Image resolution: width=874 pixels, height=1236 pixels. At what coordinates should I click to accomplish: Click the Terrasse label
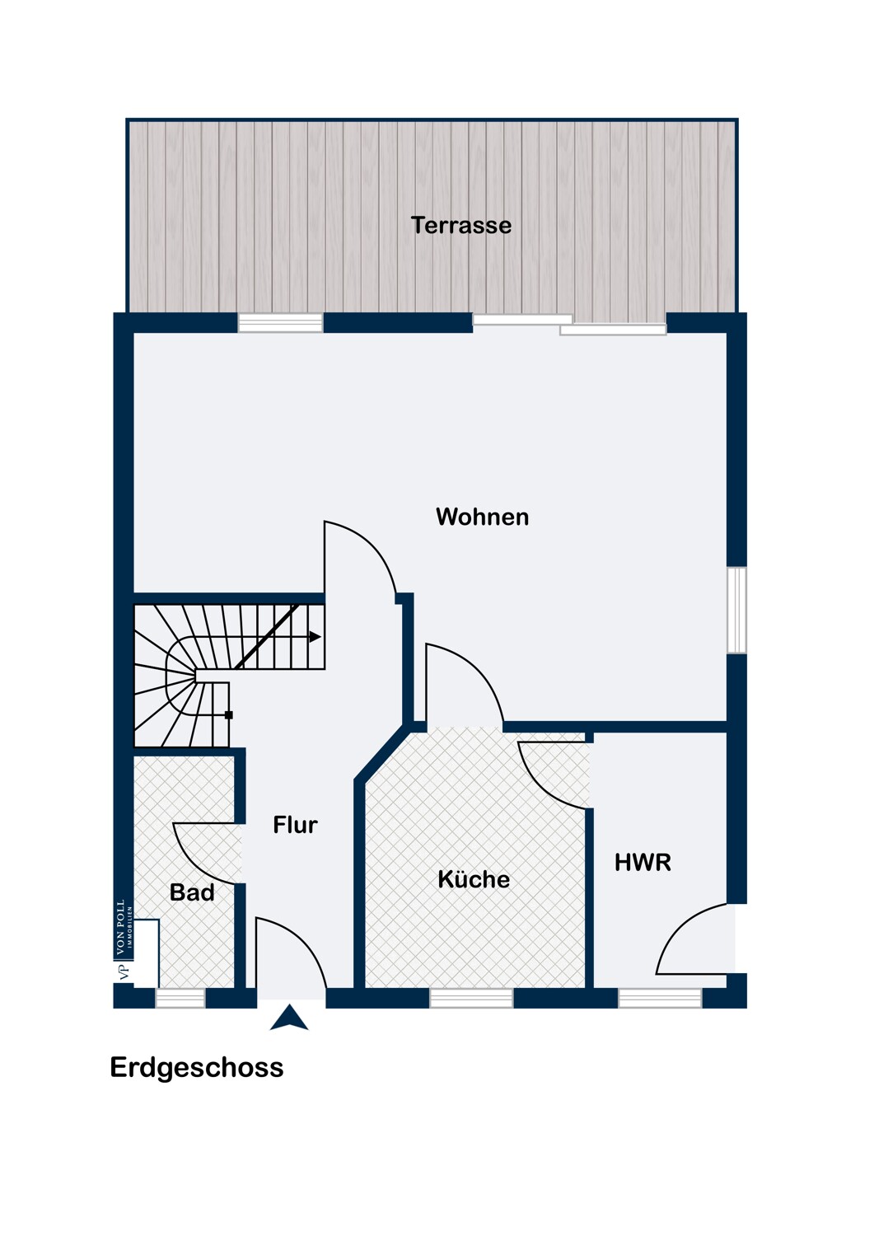460,225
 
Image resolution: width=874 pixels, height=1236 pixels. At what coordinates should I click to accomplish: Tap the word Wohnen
482,517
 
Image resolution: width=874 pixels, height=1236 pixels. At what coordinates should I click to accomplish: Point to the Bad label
192,892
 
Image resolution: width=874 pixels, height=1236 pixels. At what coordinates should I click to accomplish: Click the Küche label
474,878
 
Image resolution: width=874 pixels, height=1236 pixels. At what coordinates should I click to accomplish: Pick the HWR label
643,863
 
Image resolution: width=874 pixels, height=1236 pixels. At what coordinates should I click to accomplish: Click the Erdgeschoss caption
196,1067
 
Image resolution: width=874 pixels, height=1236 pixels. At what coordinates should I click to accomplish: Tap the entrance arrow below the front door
288,1018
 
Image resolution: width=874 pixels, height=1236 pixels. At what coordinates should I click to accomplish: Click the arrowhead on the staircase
315,637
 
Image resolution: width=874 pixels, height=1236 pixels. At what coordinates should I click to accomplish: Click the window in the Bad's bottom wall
180,998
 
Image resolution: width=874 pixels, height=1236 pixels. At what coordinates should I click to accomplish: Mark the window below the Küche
471,998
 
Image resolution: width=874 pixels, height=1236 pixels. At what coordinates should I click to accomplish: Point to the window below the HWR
660,998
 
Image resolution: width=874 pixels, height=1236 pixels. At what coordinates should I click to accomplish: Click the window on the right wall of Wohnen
736,610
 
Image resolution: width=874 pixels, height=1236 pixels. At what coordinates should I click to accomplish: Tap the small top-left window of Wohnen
280,323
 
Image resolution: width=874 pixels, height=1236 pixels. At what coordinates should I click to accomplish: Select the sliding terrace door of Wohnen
569,325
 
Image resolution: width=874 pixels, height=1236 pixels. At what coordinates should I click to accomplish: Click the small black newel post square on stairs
229,715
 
